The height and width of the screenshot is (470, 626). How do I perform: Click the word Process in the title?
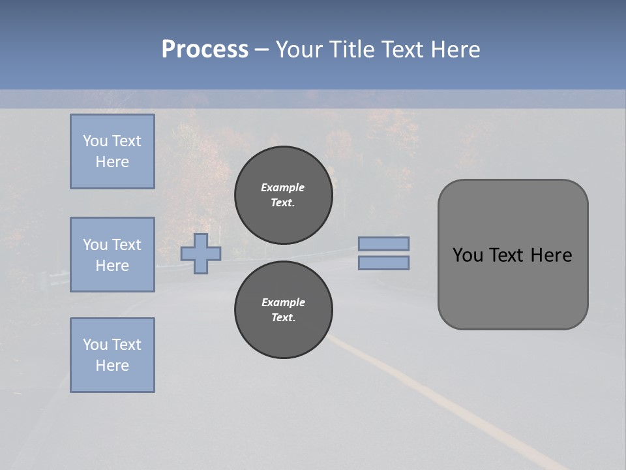[x=205, y=50]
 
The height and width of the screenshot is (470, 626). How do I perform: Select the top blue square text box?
[x=112, y=151]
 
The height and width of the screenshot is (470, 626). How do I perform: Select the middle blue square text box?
[x=112, y=255]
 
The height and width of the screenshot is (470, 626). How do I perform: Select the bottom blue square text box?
[x=112, y=355]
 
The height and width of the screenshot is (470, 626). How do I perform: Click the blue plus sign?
[x=201, y=253]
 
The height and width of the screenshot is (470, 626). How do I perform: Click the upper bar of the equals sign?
[x=383, y=243]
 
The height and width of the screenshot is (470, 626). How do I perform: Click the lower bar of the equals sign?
[x=383, y=262]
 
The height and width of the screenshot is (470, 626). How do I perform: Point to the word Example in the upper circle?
[x=282, y=187]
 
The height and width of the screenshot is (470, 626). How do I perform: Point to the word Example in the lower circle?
[x=283, y=302]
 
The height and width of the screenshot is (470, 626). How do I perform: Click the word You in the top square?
[x=95, y=141]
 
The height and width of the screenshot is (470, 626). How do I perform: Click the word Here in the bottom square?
[x=112, y=366]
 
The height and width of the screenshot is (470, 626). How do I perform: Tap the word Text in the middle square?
[x=126, y=245]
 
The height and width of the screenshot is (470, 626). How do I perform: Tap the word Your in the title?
[x=300, y=50]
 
